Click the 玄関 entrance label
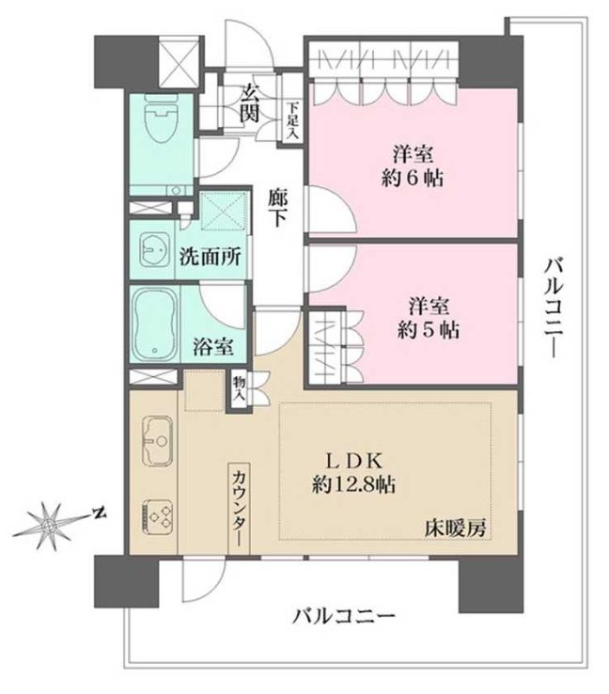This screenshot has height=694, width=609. click(x=250, y=103)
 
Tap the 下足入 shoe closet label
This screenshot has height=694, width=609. click(x=292, y=120)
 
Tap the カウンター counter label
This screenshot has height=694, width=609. click(x=238, y=509)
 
